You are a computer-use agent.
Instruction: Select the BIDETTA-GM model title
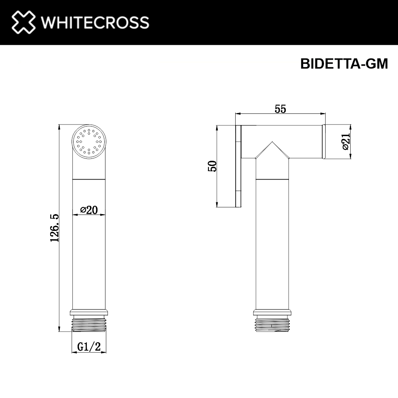click(x=344, y=64)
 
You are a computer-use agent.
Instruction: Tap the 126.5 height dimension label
click(x=55, y=228)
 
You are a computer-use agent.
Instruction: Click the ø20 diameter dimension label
click(x=89, y=210)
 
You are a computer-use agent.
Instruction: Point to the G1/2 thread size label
click(x=89, y=347)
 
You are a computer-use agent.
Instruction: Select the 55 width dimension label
click(x=281, y=109)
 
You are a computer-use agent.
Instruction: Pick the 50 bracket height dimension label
click(x=213, y=166)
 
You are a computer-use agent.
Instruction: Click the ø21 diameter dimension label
click(x=345, y=142)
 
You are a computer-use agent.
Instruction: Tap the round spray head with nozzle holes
click(x=89, y=142)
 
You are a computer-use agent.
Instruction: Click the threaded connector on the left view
click(x=89, y=324)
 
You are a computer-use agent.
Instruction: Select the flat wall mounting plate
click(x=239, y=166)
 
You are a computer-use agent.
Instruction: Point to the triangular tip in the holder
click(x=272, y=150)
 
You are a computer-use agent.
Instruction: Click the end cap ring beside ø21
click(x=324, y=142)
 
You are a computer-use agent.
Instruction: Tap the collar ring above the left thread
click(x=89, y=312)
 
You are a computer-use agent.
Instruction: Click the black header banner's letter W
click(x=49, y=22)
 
